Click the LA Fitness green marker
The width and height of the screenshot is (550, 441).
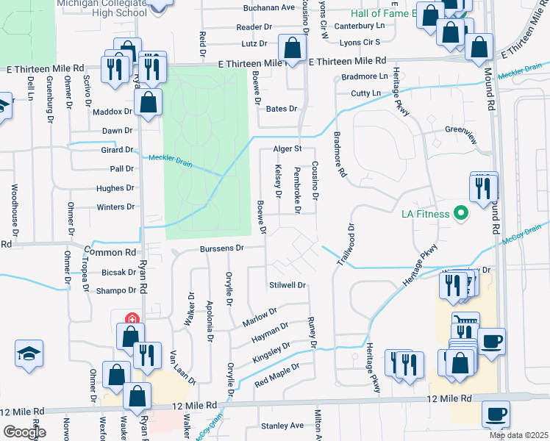[461, 214]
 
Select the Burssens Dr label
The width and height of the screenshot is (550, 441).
[221, 249]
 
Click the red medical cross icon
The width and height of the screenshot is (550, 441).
[132, 320]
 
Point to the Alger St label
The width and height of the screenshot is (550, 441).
[288, 148]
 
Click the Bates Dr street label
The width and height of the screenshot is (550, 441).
[281, 109]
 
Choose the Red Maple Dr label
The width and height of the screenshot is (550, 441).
[277, 375]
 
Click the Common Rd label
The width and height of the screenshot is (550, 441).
[110, 251]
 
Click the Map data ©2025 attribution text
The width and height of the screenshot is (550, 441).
[518, 436]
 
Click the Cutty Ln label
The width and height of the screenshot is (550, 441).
[365, 93]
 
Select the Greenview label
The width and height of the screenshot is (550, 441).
[462, 129]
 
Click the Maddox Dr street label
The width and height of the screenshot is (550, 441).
[113, 112]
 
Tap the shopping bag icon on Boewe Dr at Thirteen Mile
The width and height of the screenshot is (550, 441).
[293, 50]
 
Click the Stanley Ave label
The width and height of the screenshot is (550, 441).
[282, 426]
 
